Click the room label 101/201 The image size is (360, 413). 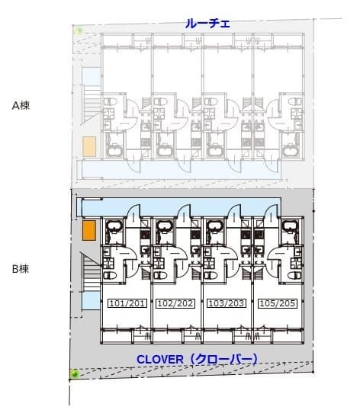point(127,303)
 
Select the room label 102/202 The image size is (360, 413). point(175,303)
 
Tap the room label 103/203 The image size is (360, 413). point(226,303)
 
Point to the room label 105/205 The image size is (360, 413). point(277,303)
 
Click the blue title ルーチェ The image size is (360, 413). point(207,24)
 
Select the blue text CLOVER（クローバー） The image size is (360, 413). point(197,359)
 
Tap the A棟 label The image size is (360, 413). point(21,106)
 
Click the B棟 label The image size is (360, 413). point(21,269)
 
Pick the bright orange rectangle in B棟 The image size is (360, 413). point(89,230)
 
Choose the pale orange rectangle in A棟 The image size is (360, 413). point(89,147)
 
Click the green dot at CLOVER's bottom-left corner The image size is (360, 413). point(75,373)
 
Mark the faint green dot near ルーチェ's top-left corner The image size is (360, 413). point(78,30)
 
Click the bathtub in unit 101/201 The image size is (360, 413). point(114,226)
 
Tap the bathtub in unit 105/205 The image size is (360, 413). point(290,226)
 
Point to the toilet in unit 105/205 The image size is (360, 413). point(294,276)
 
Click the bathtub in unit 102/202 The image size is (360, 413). point(164,226)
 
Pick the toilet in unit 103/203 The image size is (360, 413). point(211,276)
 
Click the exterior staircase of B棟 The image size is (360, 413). point(91,273)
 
